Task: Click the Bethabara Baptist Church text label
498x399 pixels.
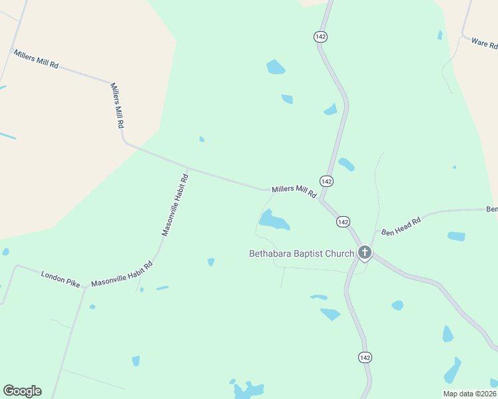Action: [301, 253]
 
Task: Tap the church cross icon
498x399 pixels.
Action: [364, 253]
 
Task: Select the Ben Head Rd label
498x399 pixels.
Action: [401, 227]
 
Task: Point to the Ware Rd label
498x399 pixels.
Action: [484, 44]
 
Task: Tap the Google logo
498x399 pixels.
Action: [22, 391]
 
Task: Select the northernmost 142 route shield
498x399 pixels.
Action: [321, 37]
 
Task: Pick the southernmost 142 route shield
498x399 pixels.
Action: [364, 357]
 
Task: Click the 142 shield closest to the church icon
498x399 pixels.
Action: [343, 221]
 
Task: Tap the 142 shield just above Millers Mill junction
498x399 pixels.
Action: [326, 181]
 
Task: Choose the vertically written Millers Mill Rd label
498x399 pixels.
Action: [117, 106]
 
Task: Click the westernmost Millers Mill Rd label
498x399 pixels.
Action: [36, 59]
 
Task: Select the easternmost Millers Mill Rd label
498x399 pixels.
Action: [294, 192]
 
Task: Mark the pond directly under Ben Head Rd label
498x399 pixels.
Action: [456, 236]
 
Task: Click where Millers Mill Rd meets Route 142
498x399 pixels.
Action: [321, 199]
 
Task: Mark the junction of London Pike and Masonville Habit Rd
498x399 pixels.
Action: [85, 288]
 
